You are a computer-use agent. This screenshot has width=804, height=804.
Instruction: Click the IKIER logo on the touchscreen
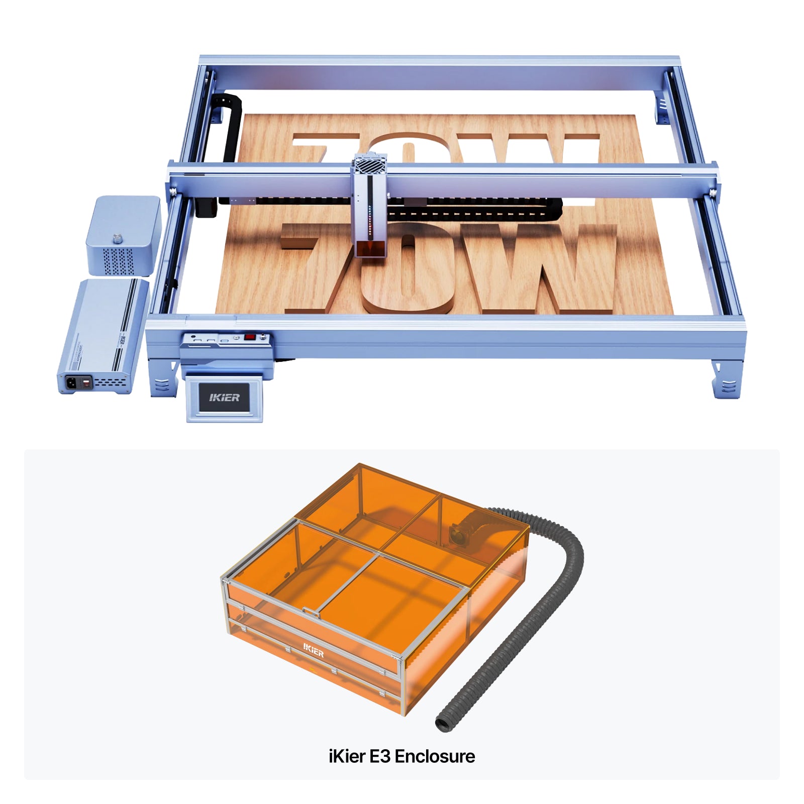tap(224, 397)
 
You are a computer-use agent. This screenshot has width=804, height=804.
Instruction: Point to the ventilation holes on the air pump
tap(118, 260)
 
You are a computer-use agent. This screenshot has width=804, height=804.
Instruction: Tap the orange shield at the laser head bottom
tap(371, 248)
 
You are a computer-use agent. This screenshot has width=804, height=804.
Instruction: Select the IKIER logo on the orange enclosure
tap(314, 650)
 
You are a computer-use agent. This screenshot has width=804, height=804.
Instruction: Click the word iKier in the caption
tap(347, 756)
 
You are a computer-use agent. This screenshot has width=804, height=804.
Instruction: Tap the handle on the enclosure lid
tap(312, 612)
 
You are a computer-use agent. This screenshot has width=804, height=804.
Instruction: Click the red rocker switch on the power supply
tap(87, 383)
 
